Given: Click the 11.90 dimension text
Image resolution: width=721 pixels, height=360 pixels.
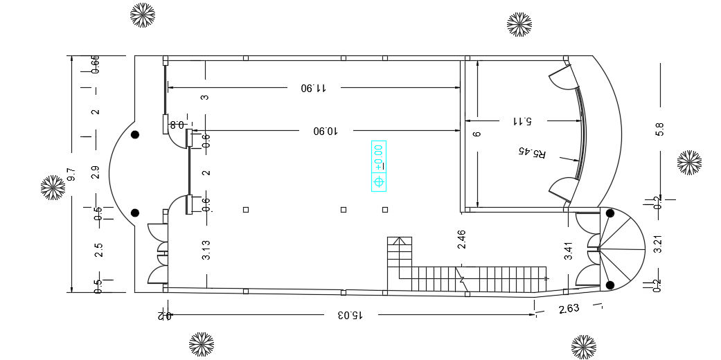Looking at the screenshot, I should tap(313, 88).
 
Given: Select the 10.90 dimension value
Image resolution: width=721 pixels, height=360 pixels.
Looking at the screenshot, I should tap(325, 130).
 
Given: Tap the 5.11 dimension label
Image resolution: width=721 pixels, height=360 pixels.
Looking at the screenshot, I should tap(522, 120).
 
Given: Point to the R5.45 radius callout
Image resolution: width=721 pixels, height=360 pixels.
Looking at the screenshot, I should tap(533, 152).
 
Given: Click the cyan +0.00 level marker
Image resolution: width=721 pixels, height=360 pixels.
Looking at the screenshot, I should tap(379, 166).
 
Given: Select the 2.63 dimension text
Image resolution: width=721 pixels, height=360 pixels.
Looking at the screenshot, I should tap(569, 309).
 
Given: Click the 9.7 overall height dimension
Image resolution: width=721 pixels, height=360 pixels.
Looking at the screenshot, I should tap(71, 174).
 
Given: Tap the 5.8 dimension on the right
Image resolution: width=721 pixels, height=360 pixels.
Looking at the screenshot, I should tap(659, 129).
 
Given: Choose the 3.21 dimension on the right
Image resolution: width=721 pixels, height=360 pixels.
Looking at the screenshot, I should tap(658, 245).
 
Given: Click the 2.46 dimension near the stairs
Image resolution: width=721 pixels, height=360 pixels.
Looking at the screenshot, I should tap(462, 240).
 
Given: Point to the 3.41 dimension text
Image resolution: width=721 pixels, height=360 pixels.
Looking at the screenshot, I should tap(569, 250).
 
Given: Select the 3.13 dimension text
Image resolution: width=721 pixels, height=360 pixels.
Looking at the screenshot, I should tap(206, 250).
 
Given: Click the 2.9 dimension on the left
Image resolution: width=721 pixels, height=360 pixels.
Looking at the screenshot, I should tap(96, 172).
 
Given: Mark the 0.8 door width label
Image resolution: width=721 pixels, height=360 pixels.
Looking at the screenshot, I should tap(177, 125).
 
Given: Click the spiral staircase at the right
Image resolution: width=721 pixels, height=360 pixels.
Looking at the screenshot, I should tap(618, 249).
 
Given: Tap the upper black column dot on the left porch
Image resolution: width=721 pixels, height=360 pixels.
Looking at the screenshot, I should tap(136, 134).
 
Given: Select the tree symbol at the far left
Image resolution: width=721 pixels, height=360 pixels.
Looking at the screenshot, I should tap(53, 188).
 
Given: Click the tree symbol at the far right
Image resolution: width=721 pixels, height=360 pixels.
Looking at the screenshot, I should tap(689, 163).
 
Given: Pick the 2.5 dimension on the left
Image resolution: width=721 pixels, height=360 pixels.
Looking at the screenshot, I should tap(98, 250).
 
